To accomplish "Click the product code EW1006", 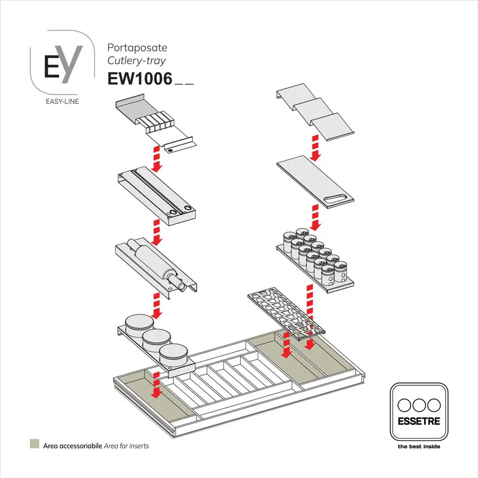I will (139, 79).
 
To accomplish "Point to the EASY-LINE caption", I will (62, 101).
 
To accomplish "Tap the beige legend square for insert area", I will (35, 445).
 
